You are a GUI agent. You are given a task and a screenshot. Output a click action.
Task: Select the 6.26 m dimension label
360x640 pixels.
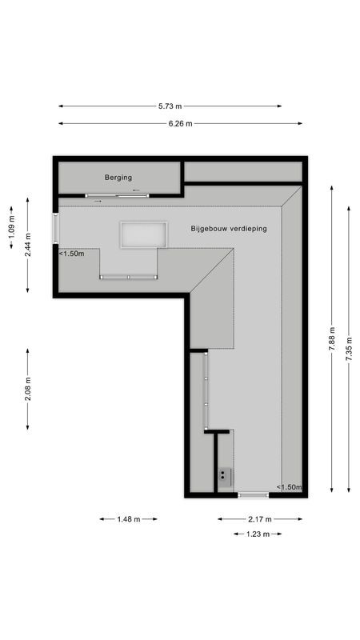pos(181,124)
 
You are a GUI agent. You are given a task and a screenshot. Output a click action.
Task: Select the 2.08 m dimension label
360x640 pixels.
pos(28,390)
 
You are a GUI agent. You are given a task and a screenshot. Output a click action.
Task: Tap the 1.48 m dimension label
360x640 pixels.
pos(128,519)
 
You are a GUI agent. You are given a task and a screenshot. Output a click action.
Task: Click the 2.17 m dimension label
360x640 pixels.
pos(260,519)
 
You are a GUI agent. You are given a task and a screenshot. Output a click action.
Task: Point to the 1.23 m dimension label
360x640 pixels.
pos(258,534)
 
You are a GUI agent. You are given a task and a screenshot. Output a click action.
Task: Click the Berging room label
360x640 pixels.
pos(118,178)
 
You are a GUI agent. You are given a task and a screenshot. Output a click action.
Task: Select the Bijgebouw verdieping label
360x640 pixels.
pos(229,229)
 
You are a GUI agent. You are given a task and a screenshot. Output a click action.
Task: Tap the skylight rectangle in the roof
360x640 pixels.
pos(143,235)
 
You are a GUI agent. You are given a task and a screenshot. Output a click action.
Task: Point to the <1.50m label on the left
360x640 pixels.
pos(72,254)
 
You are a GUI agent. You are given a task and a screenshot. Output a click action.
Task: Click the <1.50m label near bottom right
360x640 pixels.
pos(289,487)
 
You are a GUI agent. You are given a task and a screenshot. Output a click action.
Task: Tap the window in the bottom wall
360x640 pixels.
pos(254,495)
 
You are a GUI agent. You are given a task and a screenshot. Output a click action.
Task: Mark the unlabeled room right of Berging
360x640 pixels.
pos(243,172)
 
